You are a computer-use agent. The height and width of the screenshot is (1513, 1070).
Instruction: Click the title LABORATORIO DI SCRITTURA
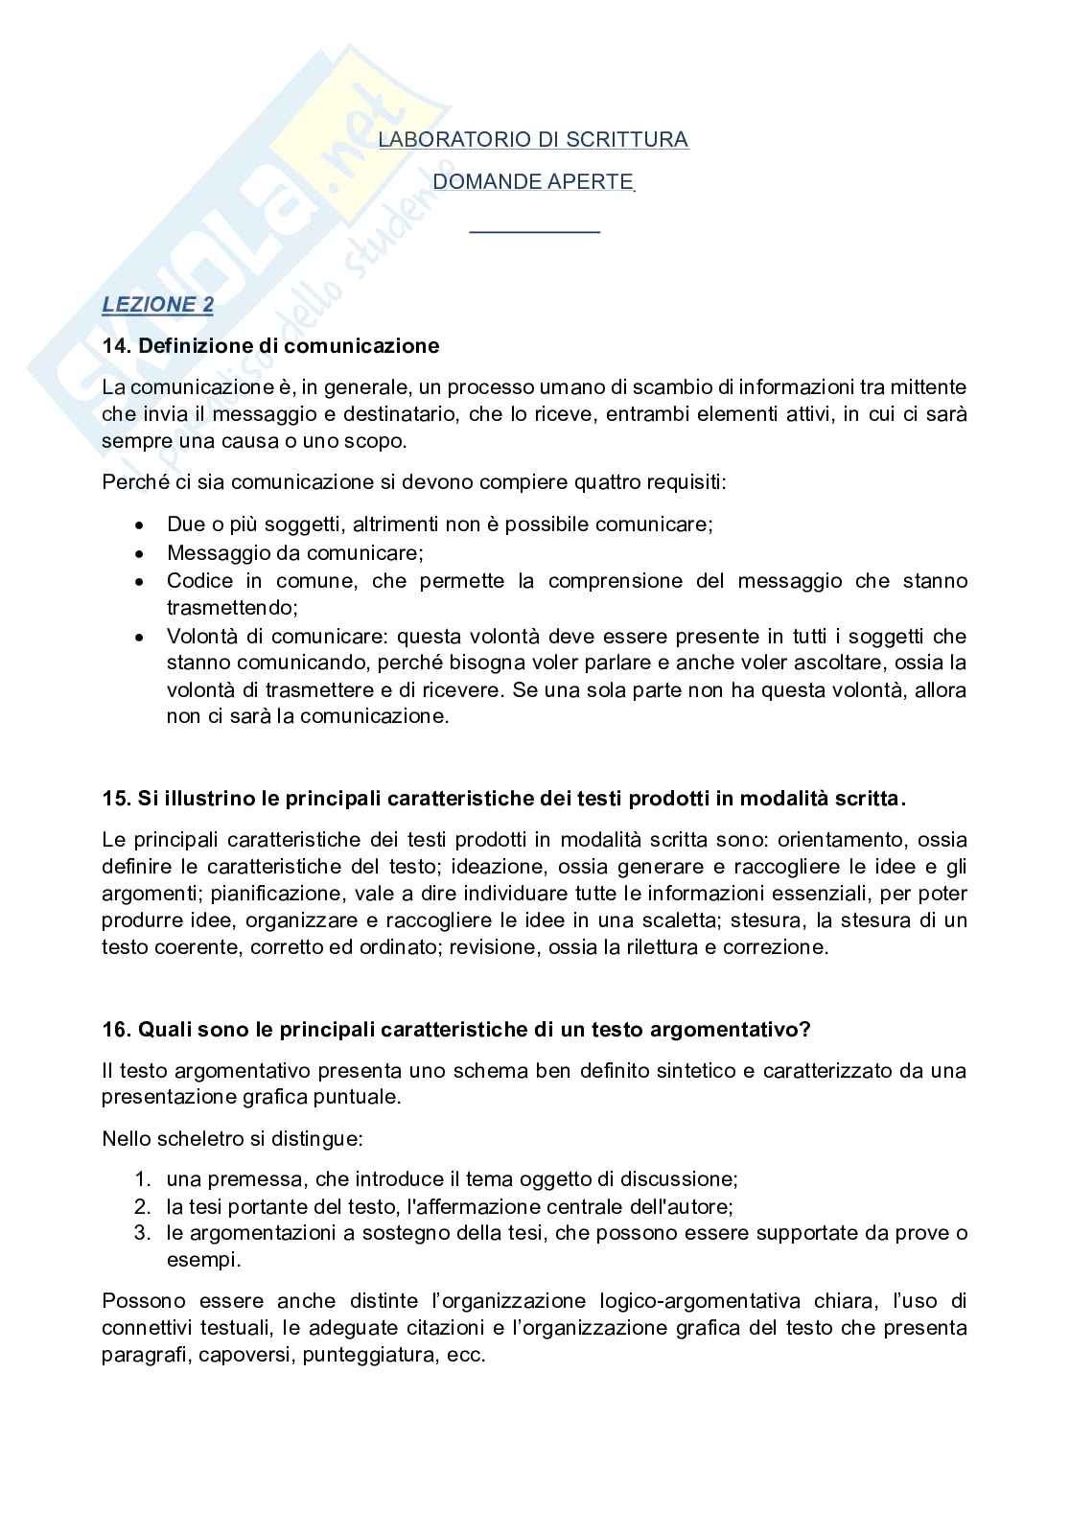point(533,140)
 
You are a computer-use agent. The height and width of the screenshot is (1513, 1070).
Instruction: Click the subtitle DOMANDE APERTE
point(533,181)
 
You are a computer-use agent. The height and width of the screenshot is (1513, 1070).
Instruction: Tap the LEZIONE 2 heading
point(158,305)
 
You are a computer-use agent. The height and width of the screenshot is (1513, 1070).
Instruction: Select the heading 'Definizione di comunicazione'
point(289,346)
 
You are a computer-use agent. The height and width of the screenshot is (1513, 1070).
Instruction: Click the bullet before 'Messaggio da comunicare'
point(141,554)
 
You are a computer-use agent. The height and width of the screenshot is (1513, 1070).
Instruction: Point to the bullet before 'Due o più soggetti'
point(141,526)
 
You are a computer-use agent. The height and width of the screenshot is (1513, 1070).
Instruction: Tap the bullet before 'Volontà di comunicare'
point(141,637)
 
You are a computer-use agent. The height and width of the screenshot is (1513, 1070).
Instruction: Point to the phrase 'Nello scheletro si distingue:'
point(232,1139)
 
